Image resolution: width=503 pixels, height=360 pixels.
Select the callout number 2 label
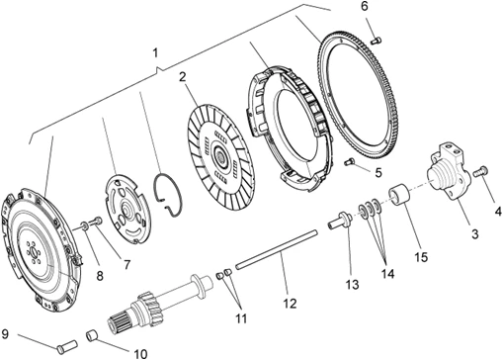[x=182, y=76]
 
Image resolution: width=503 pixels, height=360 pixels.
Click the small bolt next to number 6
[x=377, y=39]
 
